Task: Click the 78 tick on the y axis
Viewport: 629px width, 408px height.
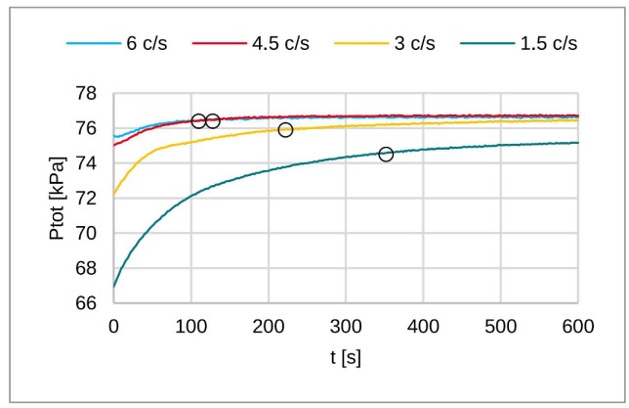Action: (x=86, y=94)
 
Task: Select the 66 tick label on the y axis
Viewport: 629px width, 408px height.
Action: (x=86, y=303)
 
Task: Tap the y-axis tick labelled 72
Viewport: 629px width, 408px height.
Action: (x=86, y=199)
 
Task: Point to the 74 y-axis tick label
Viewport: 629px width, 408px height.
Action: (x=86, y=163)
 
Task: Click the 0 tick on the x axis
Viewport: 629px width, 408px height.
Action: (x=113, y=324)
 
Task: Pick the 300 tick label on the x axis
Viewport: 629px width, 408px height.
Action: (x=346, y=324)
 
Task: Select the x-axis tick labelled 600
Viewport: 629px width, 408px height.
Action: (x=578, y=324)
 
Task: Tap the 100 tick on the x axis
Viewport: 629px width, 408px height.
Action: (x=191, y=324)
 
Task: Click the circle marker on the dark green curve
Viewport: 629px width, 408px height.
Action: (x=386, y=155)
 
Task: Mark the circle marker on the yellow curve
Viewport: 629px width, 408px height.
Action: (x=285, y=130)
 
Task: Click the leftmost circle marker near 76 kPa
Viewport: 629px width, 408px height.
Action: (x=198, y=121)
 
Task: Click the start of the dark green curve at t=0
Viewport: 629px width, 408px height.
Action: (x=114, y=287)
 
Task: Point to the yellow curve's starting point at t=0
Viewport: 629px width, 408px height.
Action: (x=114, y=195)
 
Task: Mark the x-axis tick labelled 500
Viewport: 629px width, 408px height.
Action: (x=501, y=324)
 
